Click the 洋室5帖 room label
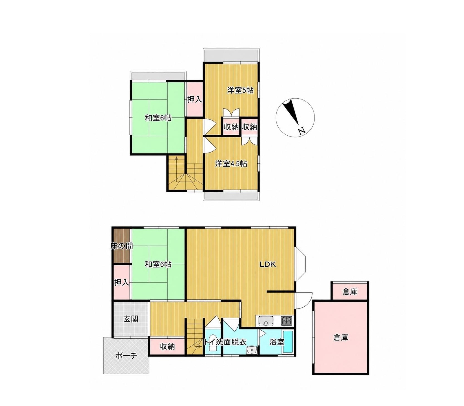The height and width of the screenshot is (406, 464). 240,90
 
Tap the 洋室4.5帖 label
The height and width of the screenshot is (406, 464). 231,164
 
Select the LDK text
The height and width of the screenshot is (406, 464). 268,264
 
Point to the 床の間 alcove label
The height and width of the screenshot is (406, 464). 121,246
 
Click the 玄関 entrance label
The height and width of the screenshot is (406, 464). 131,319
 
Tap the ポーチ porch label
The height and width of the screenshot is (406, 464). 126,356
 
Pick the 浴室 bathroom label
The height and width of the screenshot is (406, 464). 277,342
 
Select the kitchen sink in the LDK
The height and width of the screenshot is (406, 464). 266,321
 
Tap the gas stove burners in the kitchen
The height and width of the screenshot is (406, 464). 287,321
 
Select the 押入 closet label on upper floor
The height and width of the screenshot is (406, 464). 194,99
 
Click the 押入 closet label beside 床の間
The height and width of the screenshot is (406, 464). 122,282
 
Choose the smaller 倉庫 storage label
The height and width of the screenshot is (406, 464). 350,292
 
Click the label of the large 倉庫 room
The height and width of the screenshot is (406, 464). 341,337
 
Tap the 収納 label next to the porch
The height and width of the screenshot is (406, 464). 167,346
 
